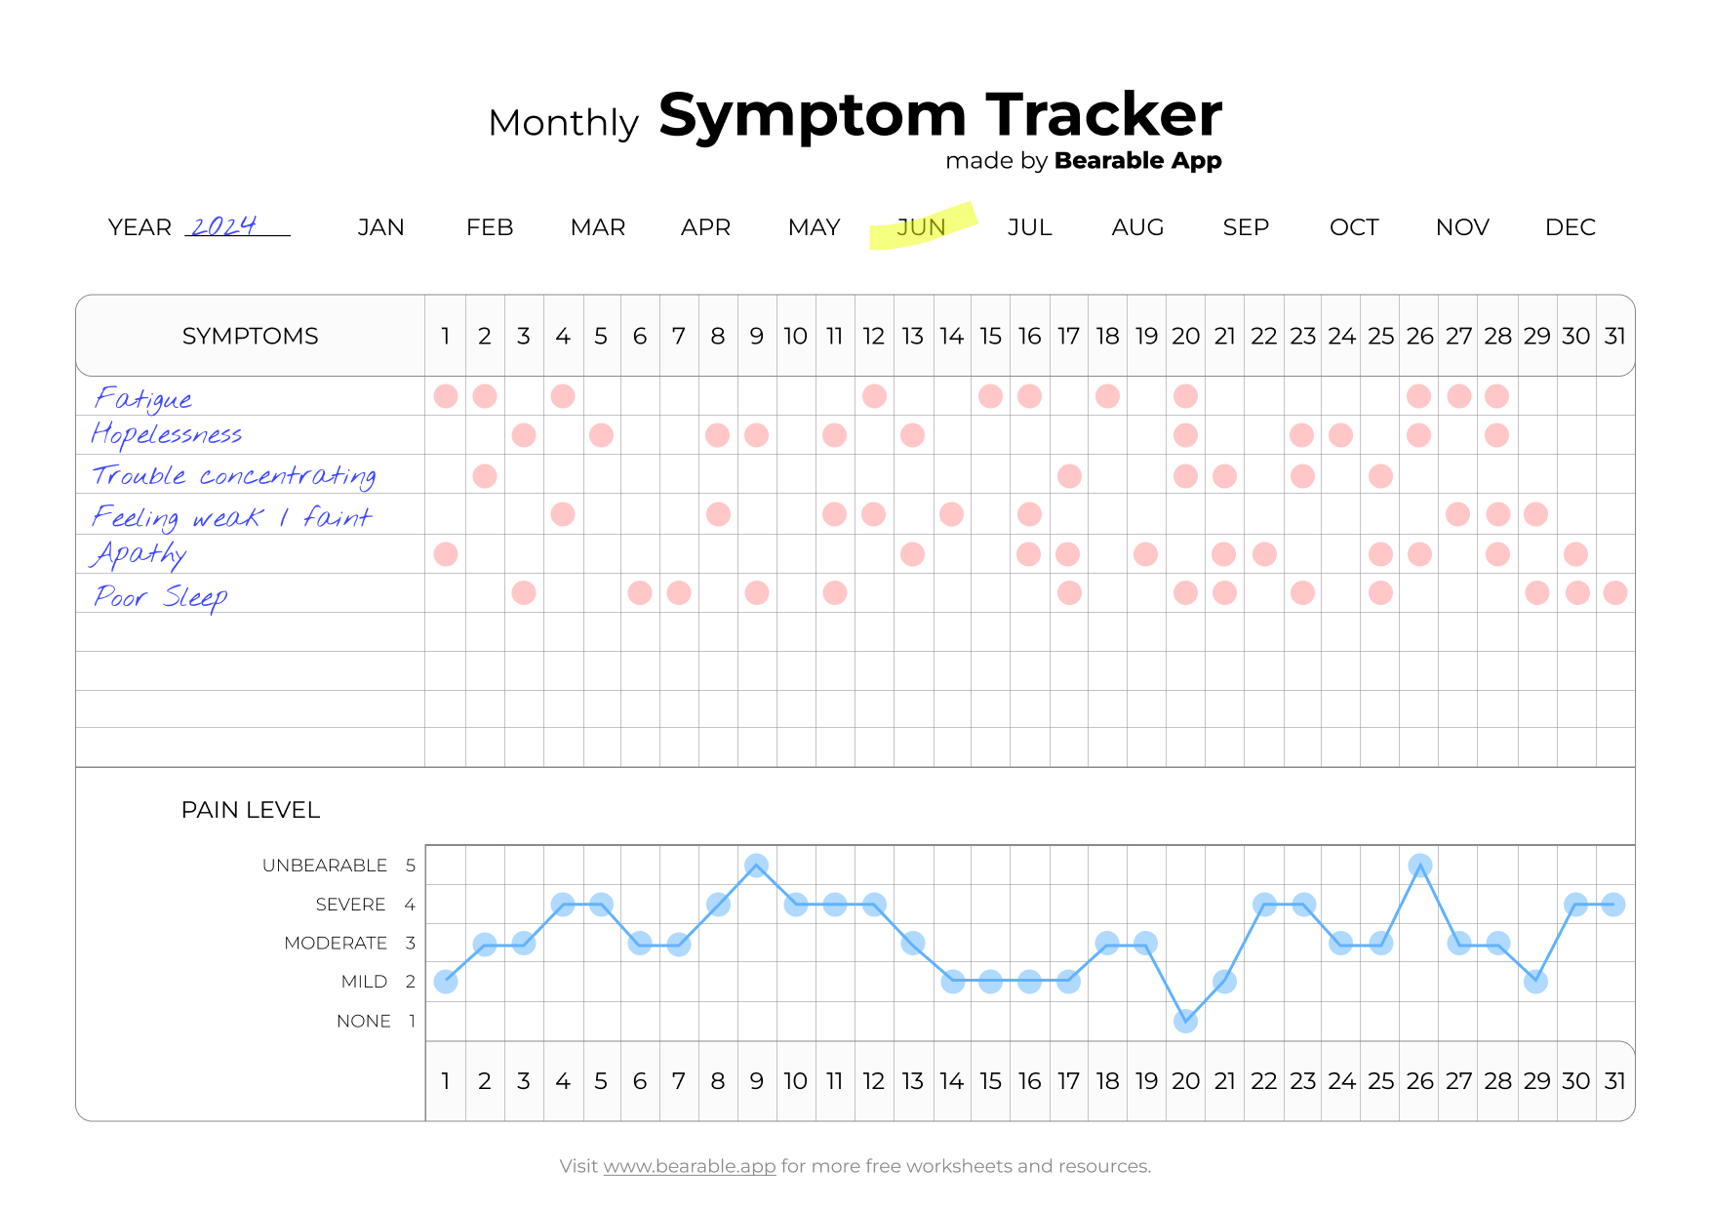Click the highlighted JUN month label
point(921,227)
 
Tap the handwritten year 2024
point(223,226)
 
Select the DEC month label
point(1570,227)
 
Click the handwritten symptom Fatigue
point(143,398)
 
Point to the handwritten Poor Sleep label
point(161,596)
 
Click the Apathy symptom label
point(139,554)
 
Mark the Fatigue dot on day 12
point(874,396)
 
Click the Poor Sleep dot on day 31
point(1614,592)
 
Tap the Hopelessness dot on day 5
point(601,435)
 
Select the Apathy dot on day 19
point(1145,554)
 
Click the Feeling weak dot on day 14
point(951,514)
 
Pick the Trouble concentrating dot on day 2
point(485,476)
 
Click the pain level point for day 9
point(756,866)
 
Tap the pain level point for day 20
point(1185,1022)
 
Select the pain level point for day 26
point(1419,866)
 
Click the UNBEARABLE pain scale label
point(325,866)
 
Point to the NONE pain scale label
point(363,1021)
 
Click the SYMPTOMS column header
point(250,336)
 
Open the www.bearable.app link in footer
point(689,1166)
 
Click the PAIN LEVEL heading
point(250,810)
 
